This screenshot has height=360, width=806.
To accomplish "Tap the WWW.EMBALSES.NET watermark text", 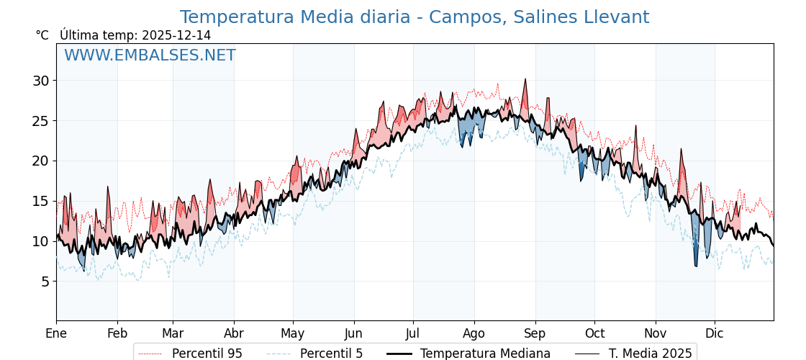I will coord(150,55).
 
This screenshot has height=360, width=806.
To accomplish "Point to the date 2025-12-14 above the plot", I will coord(176,35).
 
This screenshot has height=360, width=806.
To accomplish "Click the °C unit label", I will coord(42,35).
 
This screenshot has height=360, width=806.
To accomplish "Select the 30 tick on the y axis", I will coord(40,81).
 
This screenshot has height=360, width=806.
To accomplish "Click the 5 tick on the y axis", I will coord(45,282).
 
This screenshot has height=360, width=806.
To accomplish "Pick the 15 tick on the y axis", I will coord(40,201).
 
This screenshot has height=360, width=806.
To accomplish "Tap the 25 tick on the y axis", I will coord(40,121).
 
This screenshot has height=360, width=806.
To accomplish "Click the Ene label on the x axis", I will coord(56,334).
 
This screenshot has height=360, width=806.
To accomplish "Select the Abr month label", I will coord(234,334).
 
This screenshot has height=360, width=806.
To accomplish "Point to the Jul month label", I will coord(413,334).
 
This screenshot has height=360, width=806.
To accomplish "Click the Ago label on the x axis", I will coord(474,334).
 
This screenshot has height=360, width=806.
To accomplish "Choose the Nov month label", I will coord(656,334).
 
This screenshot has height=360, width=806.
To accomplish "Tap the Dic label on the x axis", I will coord(715,334).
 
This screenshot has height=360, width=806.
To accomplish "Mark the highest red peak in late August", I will coord(525,80).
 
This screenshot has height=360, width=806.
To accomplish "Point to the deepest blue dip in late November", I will coord(696,266).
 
